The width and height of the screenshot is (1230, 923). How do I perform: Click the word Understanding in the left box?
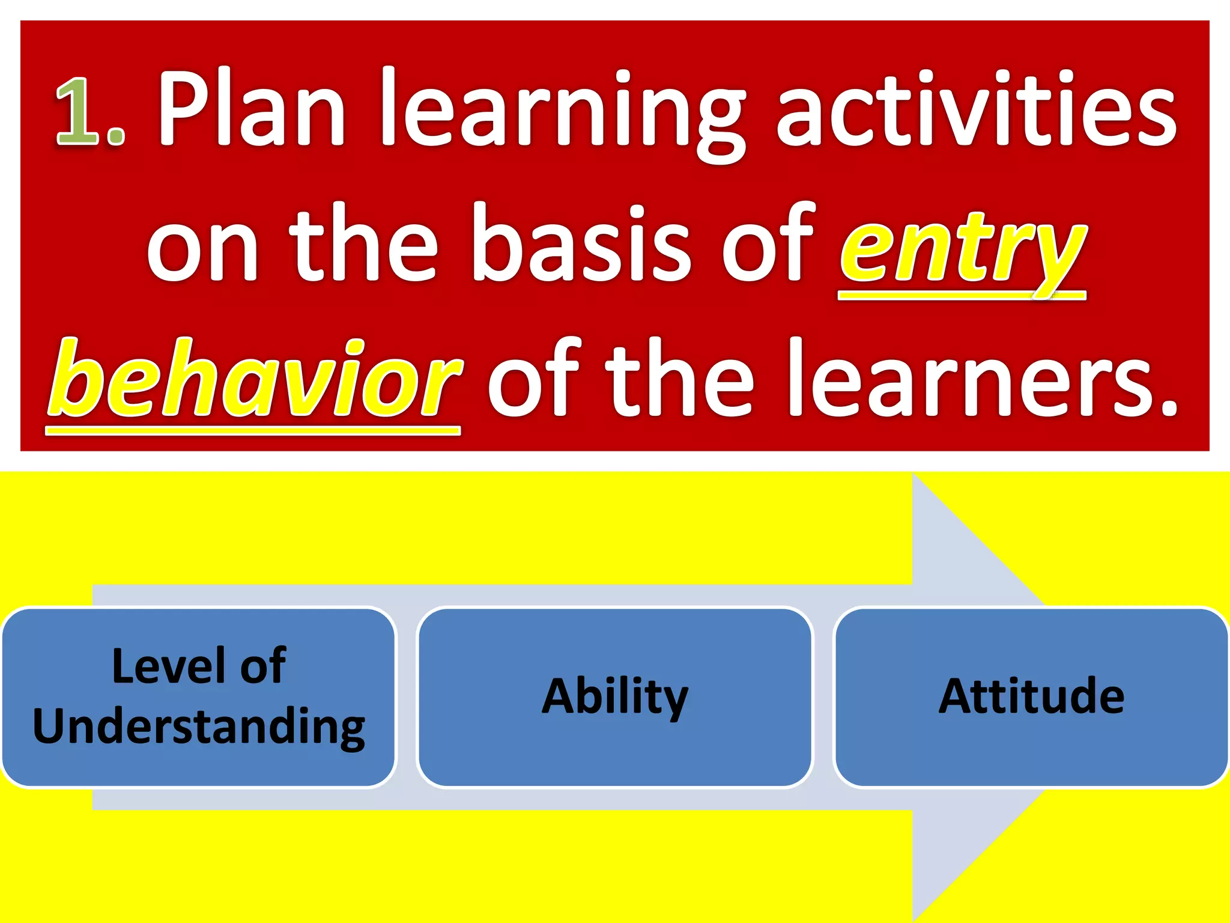point(199,726)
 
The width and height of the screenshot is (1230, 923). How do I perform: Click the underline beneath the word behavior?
point(252,430)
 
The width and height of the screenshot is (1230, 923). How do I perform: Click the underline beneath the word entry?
point(961,295)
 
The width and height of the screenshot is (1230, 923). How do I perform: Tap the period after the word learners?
point(1168,409)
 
